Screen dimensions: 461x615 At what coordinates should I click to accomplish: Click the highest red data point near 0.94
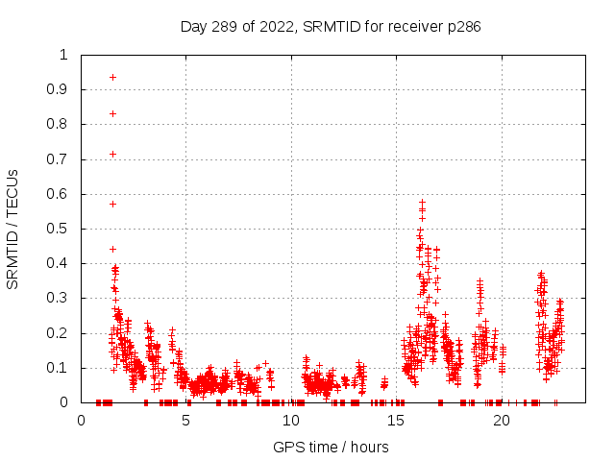tap(112, 77)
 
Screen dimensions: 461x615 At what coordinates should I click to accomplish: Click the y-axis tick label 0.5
tap(60, 229)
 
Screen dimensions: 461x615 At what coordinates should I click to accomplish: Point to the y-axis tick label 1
tap(64, 55)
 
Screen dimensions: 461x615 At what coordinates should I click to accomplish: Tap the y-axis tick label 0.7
tap(60, 159)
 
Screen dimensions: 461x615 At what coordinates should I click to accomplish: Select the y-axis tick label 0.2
tap(60, 333)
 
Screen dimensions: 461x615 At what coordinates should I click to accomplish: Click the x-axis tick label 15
tap(397, 421)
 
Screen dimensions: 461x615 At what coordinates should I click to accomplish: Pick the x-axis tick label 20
tap(502, 421)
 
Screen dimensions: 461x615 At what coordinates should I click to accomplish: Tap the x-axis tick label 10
tap(291, 421)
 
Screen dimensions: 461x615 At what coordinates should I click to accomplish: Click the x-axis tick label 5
tap(186, 421)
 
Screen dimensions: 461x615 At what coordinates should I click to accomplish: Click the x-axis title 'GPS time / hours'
tap(331, 447)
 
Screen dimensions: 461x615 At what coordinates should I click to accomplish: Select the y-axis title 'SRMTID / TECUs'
tap(12, 229)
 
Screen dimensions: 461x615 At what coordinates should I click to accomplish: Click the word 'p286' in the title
tap(463, 26)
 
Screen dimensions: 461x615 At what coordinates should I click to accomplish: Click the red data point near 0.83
tap(112, 113)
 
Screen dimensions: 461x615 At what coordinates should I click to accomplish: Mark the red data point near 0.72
tap(112, 154)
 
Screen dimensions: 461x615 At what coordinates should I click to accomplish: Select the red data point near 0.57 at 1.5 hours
tap(112, 204)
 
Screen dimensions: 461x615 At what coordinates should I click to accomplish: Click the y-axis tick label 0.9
tap(60, 89)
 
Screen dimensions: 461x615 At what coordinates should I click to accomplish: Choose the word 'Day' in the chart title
tap(194, 26)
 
